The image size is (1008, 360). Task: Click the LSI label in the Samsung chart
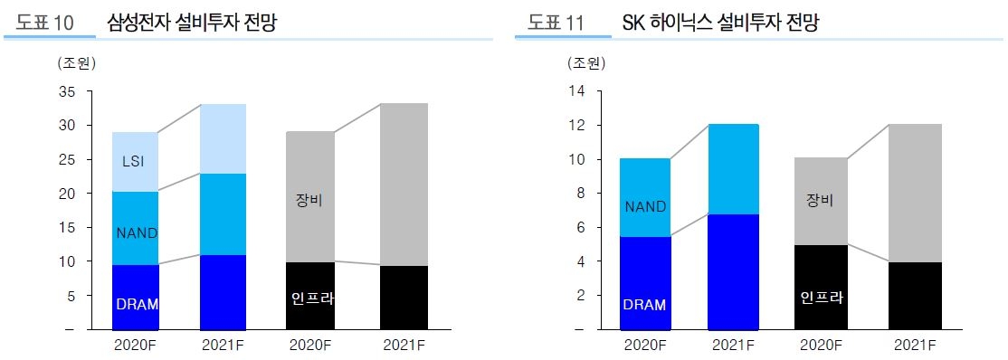(x=134, y=162)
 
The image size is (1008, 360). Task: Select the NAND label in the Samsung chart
(x=137, y=232)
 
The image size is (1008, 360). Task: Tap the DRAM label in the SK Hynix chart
(x=643, y=305)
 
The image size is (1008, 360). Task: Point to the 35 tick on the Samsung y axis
(x=66, y=91)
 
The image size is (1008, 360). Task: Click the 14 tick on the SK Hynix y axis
(x=576, y=91)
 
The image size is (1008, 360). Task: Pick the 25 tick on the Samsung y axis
(x=66, y=159)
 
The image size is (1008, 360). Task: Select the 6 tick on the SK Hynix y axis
(x=580, y=228)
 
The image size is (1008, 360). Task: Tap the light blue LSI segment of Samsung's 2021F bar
(x=223, y=138)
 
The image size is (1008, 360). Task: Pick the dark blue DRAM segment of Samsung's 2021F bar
(x=223, y=292)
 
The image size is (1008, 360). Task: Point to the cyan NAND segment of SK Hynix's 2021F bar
(x=733, y=169)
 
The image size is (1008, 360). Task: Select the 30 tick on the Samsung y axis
(x=66, y=126)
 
